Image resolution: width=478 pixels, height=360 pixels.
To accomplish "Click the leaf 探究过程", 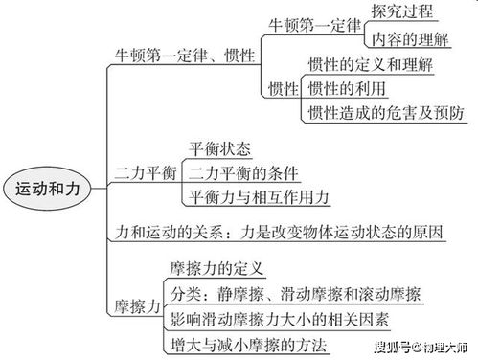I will click(402, 11).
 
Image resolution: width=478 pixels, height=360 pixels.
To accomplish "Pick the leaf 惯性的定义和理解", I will click(372, 65).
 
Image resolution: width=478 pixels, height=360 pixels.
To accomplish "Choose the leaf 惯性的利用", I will click(345, 89).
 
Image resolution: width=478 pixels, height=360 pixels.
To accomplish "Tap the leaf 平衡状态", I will click(219, 149).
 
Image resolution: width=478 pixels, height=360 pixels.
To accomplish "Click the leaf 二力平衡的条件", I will click(243, 173).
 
